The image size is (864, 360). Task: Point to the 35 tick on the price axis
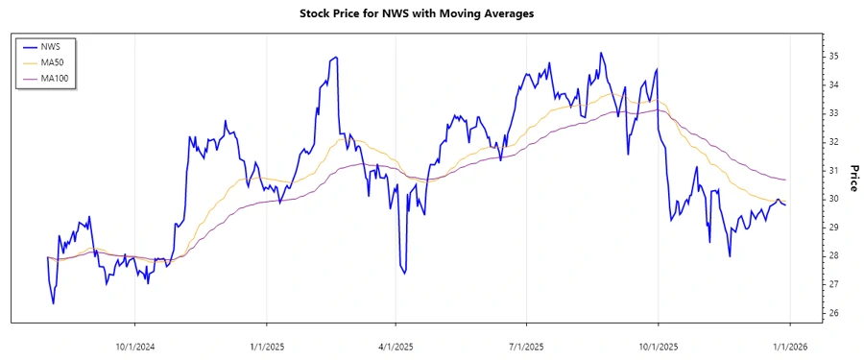tap(834, 56)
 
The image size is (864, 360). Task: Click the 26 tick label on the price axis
tap(834, 313)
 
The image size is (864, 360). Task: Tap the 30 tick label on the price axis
tap(834, 199)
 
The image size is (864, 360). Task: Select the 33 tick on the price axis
tap(834, 113)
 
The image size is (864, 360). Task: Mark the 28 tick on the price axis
tap(834, 255)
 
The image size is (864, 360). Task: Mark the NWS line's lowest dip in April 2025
tap(404, 274)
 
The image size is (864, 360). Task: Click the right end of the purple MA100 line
tap(786, 180)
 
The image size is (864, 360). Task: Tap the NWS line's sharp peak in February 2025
tap(335, 58)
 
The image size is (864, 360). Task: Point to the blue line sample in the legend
tap(29, 46)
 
